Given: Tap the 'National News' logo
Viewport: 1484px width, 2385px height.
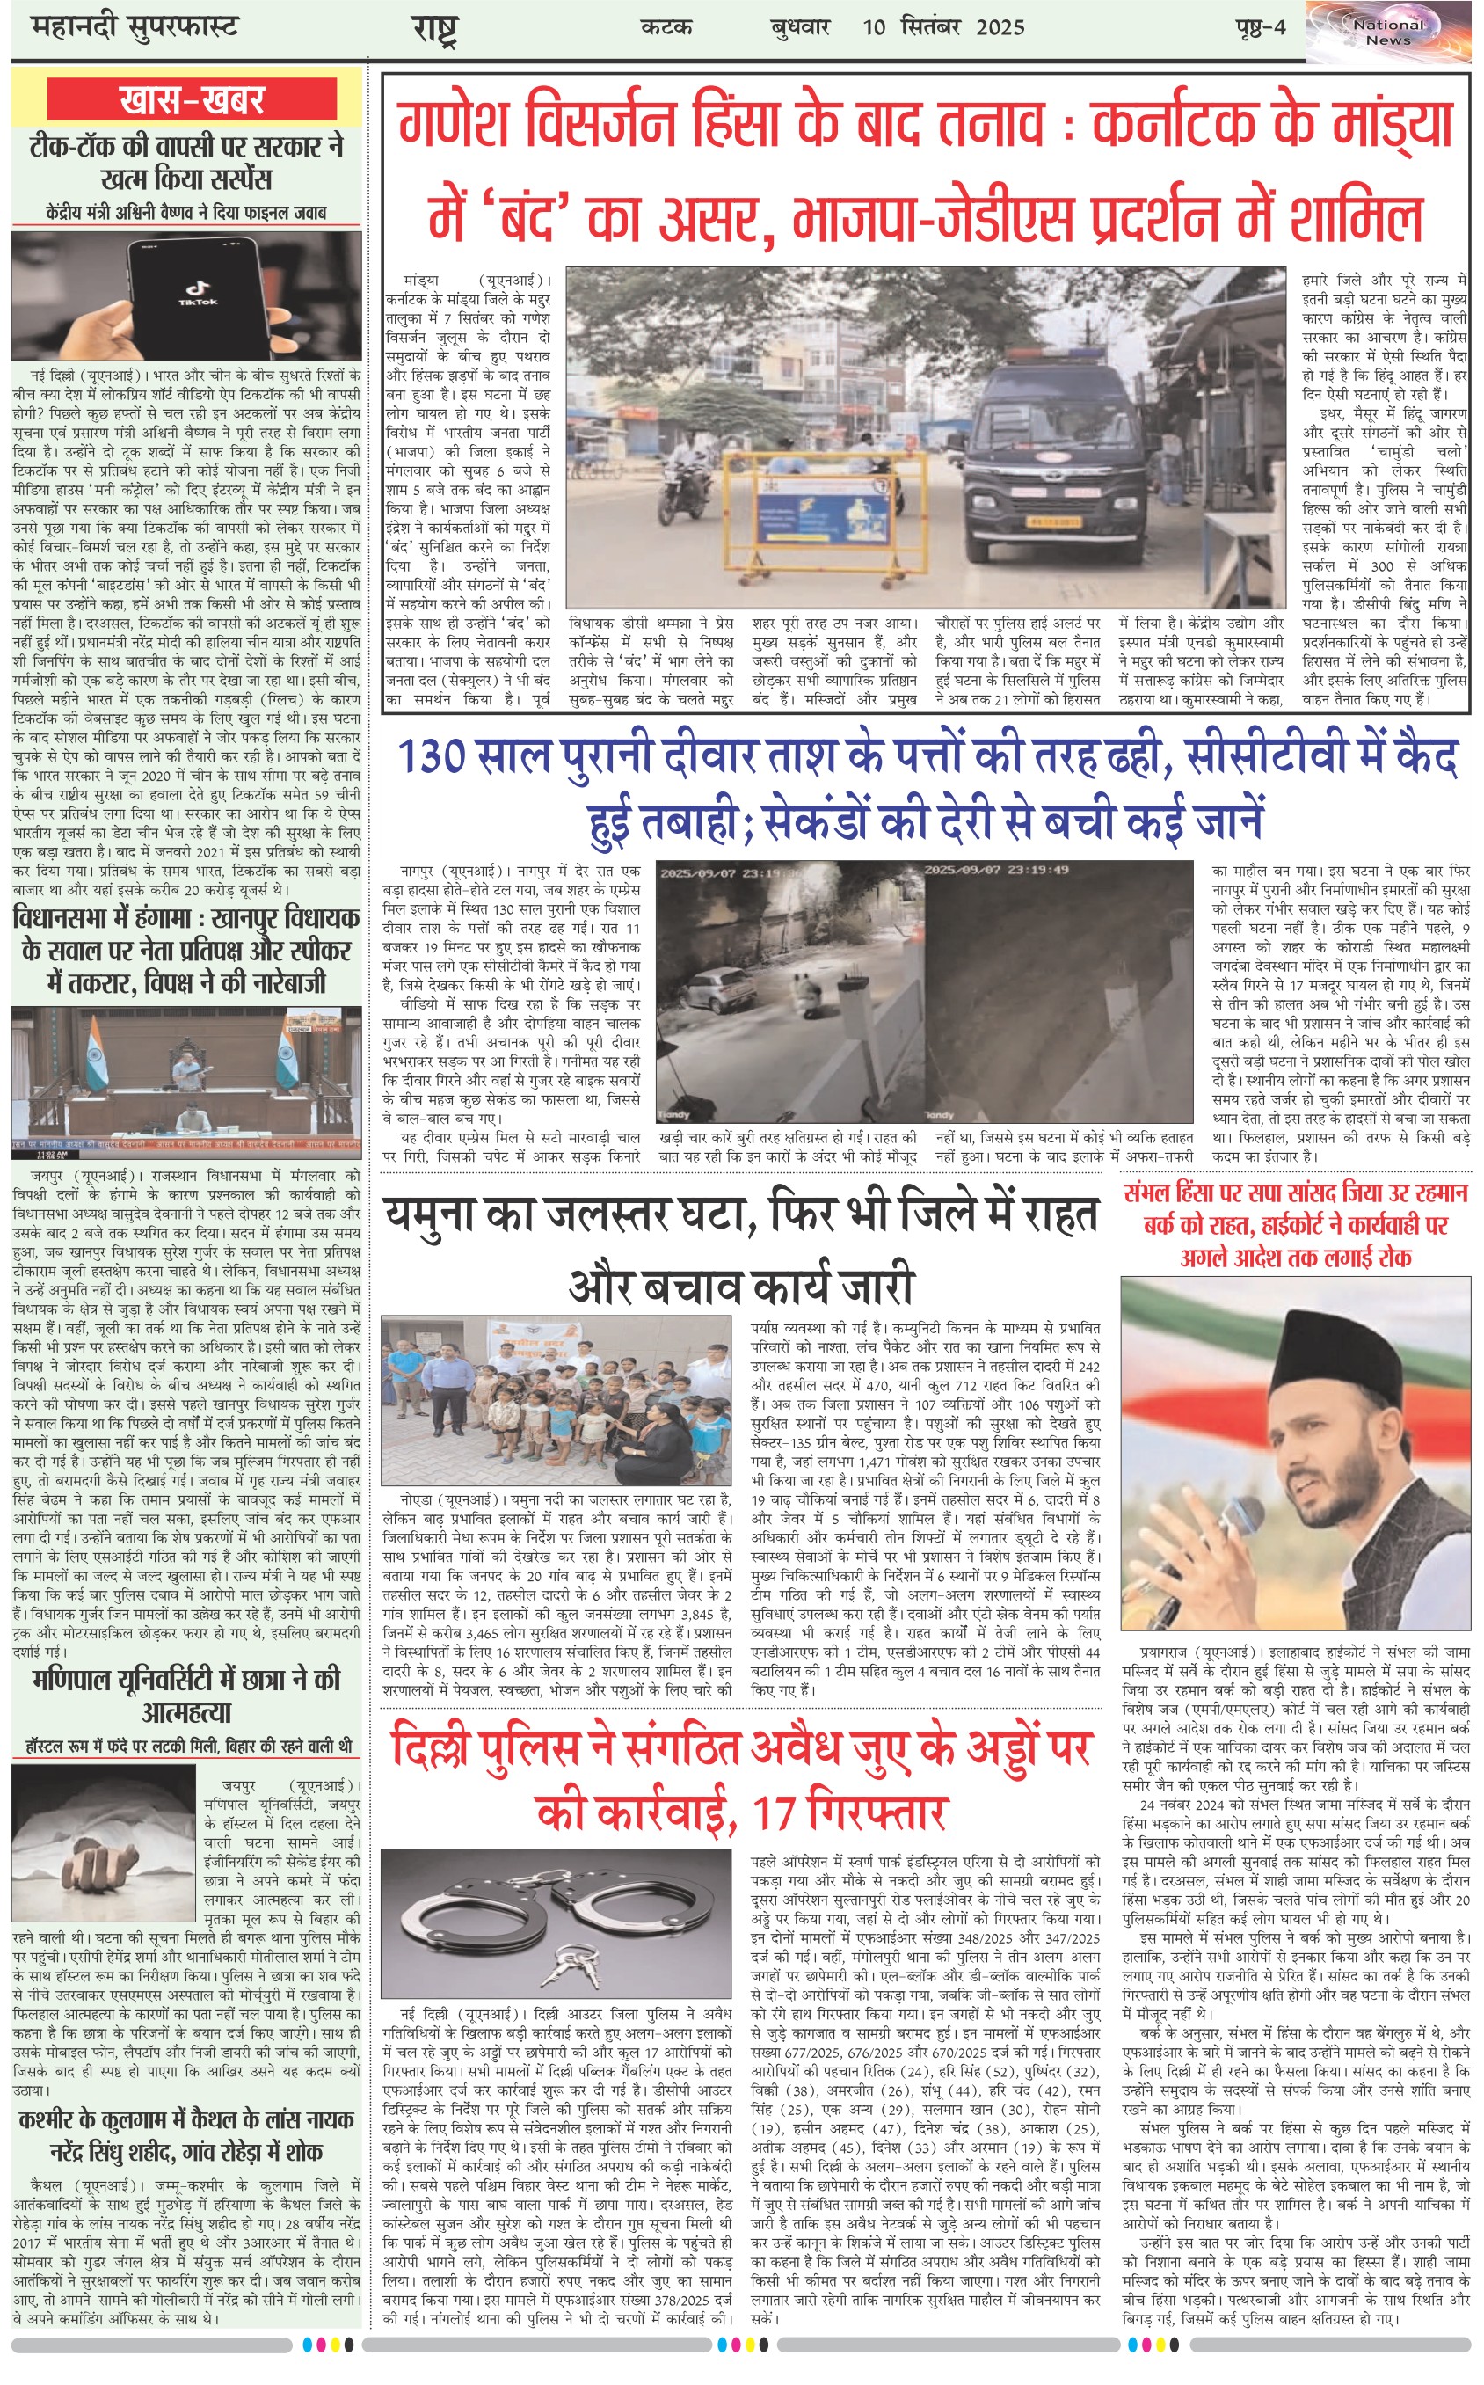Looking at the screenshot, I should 1388,33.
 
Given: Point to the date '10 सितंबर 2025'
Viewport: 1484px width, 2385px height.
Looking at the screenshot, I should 943,26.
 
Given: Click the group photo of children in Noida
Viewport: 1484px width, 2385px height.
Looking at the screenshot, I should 556,1401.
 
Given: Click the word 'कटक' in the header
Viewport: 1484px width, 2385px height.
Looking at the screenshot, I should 666,26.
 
